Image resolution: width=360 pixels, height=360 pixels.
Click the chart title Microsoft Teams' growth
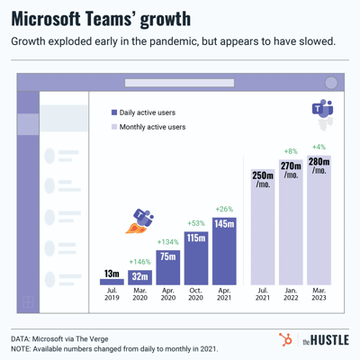(x=101, y=20)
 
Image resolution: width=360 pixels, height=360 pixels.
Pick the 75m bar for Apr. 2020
(x=167, y=267)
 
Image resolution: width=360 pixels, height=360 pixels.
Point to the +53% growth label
(x=195, y=223)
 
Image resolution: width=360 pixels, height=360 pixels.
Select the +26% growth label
(x=223, y=209)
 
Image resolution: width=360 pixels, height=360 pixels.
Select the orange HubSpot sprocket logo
(x=285, y=338)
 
